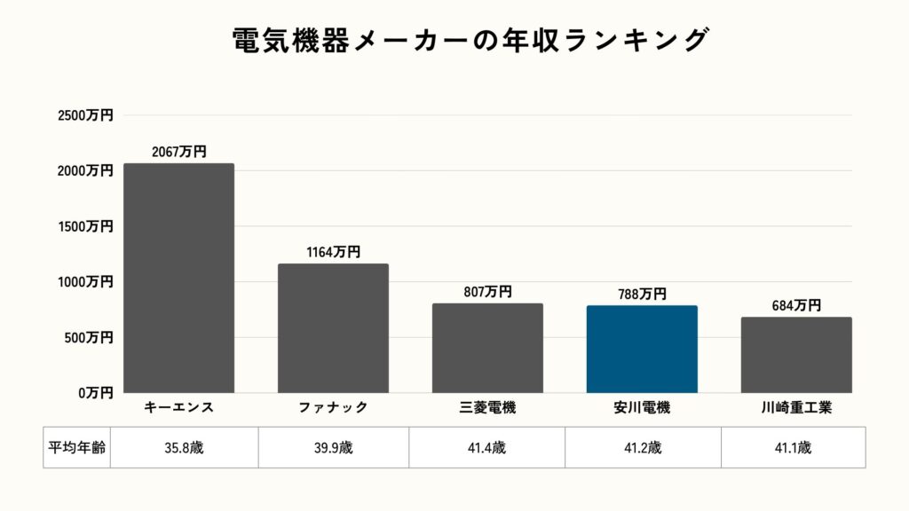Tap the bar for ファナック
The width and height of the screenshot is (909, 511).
333,328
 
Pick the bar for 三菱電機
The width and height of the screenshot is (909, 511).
487,348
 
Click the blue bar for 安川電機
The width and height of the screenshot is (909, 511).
642,350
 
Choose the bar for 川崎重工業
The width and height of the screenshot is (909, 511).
796,355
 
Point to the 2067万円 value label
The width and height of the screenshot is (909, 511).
178,152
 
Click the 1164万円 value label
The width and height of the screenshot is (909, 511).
333,252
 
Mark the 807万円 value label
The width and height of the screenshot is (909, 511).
487,292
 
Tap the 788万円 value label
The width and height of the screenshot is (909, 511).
642,294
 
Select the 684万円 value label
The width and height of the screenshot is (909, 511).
796,305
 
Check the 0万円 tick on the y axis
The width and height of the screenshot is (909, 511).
94,392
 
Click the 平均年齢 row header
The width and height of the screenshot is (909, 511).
76,447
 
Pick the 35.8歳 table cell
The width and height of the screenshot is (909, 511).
185,447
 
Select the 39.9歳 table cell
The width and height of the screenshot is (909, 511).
334,447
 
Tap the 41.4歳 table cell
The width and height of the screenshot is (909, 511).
486,447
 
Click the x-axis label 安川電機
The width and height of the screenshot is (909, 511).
642,408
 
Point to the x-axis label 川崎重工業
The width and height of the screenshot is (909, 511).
796,408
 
